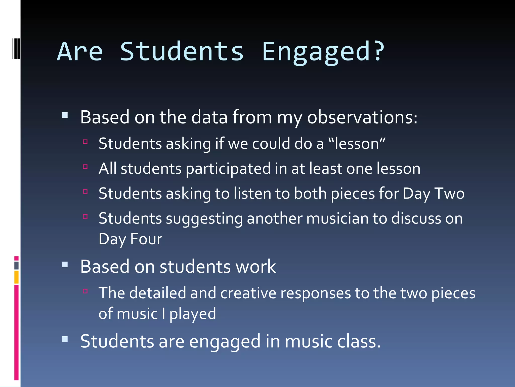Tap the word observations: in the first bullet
click(x=362, y=117)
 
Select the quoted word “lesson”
click(x=357, y=144)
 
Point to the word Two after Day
click(x=449, y=193)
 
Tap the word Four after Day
click(x=146, y=239)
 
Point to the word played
click(x=193, y=314)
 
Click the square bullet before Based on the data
click(x=65, y=115)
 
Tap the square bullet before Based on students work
click(x=65, y=265)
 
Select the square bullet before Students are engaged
click(x=65, y=339)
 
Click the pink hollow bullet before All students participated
click(x=85, y=167)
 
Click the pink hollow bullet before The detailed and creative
click(x=85, y=291)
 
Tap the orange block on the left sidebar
click(x=16, y=277)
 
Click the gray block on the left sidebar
click(x=16, y=265)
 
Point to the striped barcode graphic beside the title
click(x=16, y=49)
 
